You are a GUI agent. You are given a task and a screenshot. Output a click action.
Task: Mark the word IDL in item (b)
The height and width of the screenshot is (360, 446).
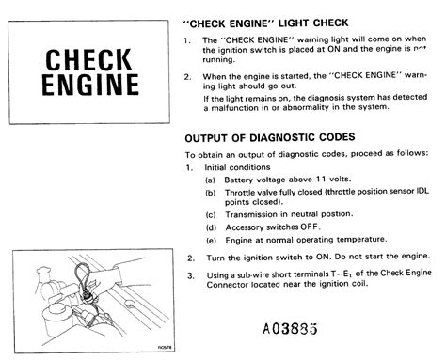click(419, 191)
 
